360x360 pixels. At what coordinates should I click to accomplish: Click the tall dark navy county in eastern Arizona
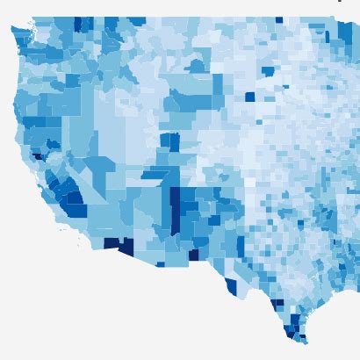(x=175, y=210)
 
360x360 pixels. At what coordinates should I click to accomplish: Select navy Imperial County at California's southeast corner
(x=112, y=243)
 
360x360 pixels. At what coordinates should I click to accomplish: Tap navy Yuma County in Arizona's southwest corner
(x=126, y=247)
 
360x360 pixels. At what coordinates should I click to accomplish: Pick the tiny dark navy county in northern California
(x=37, y=156)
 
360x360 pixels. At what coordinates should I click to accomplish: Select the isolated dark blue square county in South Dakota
(x=249, y=97)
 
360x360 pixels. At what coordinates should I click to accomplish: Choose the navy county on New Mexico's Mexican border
(x=193, y=255)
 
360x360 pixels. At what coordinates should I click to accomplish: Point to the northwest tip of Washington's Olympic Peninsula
(x=12, y=29)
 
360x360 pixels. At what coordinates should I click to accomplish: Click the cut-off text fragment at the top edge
(x=340, y=1)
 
